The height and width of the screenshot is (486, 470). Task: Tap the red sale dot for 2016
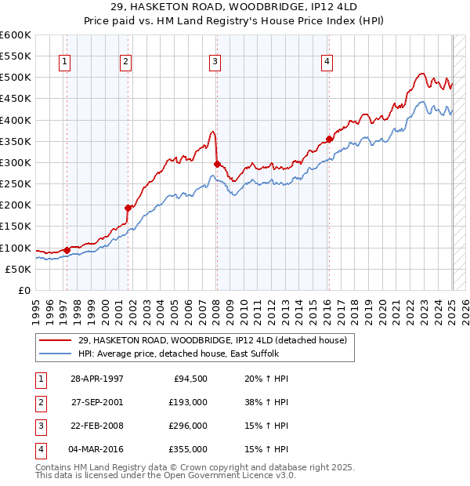tap(329, 140)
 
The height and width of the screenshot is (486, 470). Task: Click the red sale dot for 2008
tap(217, 165)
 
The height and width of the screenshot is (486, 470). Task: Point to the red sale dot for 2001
tap(127, 208)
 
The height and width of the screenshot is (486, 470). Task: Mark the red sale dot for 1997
tap(67, 250)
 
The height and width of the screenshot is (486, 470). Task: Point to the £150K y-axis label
tap(16, 227)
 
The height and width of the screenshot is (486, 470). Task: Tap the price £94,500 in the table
tap(189, 379)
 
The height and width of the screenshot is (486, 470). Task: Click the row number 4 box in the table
tap(38, 449)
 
